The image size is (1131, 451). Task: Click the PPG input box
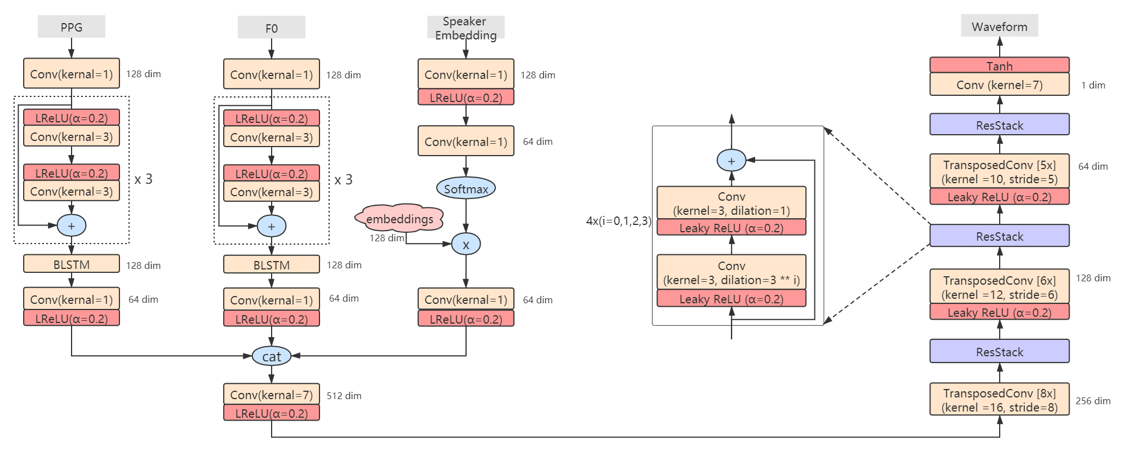point(72,26)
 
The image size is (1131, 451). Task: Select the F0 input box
point(271,28)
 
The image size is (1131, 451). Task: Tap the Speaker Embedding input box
point(465,28)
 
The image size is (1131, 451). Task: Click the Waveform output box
point(999,26)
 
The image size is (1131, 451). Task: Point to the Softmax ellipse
point(466,189)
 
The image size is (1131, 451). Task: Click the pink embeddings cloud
point(400,219)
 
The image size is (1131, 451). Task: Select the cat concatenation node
point(271,356)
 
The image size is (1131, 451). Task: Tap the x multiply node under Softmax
point(465,245)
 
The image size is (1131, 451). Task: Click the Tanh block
point(999,65)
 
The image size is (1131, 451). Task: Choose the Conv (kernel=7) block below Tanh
point(999,85)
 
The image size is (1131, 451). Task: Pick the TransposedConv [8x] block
point(999,400)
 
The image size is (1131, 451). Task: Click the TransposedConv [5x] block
point(999,171)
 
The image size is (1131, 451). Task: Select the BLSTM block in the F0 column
point(271,265)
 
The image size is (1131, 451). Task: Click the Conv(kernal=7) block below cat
point(271,395)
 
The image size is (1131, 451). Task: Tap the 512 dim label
point(344,396)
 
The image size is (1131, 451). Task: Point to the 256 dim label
point(1093,401)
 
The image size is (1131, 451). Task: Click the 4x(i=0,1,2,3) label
point(618,221)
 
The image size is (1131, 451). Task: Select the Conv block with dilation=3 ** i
point(731,273)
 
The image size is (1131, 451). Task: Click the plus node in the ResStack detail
point(731,161)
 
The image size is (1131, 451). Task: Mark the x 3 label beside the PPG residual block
point(143,179)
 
